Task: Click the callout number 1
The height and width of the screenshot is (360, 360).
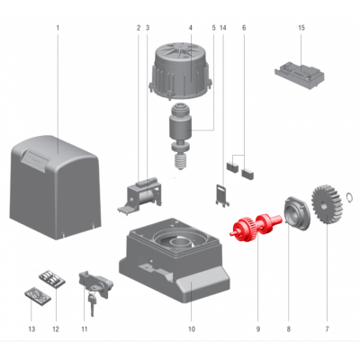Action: coord(58,28)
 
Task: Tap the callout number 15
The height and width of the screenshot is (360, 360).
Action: coord(301,28)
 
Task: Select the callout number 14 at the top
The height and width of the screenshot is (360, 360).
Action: coord(223,28)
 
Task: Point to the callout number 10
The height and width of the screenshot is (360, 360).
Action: coord(192,329)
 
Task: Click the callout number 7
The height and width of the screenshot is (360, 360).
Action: coord(327,329)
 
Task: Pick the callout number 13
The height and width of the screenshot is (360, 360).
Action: coord(31,329)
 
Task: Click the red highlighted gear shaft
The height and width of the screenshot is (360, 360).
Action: coord(256,225)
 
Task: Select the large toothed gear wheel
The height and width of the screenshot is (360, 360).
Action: coord(327,205)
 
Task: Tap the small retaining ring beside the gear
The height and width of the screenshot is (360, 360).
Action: coord(349,196)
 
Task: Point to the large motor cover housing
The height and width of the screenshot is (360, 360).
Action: coord(55,187)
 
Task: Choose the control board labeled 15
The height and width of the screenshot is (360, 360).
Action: coord(300,75)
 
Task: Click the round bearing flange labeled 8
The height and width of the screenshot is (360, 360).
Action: coord(297,213)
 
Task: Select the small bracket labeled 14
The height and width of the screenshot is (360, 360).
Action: coord(222,194)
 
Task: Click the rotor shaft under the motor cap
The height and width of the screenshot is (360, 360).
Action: coord(181,137)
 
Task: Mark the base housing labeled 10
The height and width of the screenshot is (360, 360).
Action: coord(175,259)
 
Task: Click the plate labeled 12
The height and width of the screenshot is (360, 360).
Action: coord(52,279)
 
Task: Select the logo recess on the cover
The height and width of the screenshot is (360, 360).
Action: coord(37,160)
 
